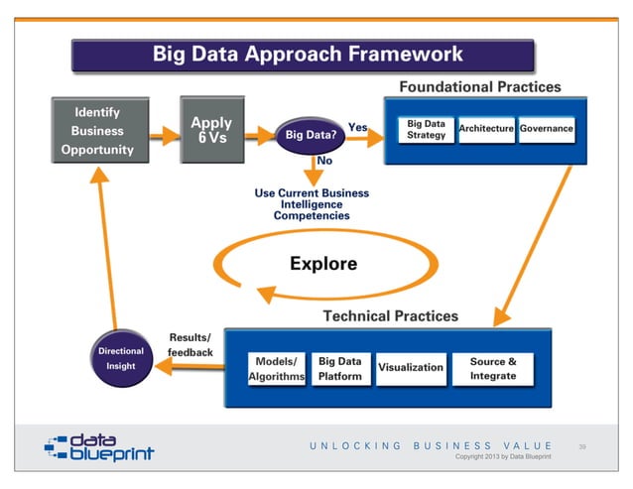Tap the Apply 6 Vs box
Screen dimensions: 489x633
[210, 131]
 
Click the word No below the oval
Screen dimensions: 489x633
[323, 161]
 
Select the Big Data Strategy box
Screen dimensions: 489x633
[427, 130]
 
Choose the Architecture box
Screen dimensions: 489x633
[486, 129]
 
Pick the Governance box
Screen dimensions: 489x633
[546, 129]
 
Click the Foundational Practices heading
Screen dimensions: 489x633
[479, 87]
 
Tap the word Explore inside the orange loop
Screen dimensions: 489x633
[322, 264]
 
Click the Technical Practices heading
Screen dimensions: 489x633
[391, 316]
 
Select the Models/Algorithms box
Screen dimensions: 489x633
[276, 369]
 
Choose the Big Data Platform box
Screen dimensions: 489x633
[339, 369]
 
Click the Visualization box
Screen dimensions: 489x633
[410, 367]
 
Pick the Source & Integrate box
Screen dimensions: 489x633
[492, 368]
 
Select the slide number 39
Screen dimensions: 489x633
[582, 447]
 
